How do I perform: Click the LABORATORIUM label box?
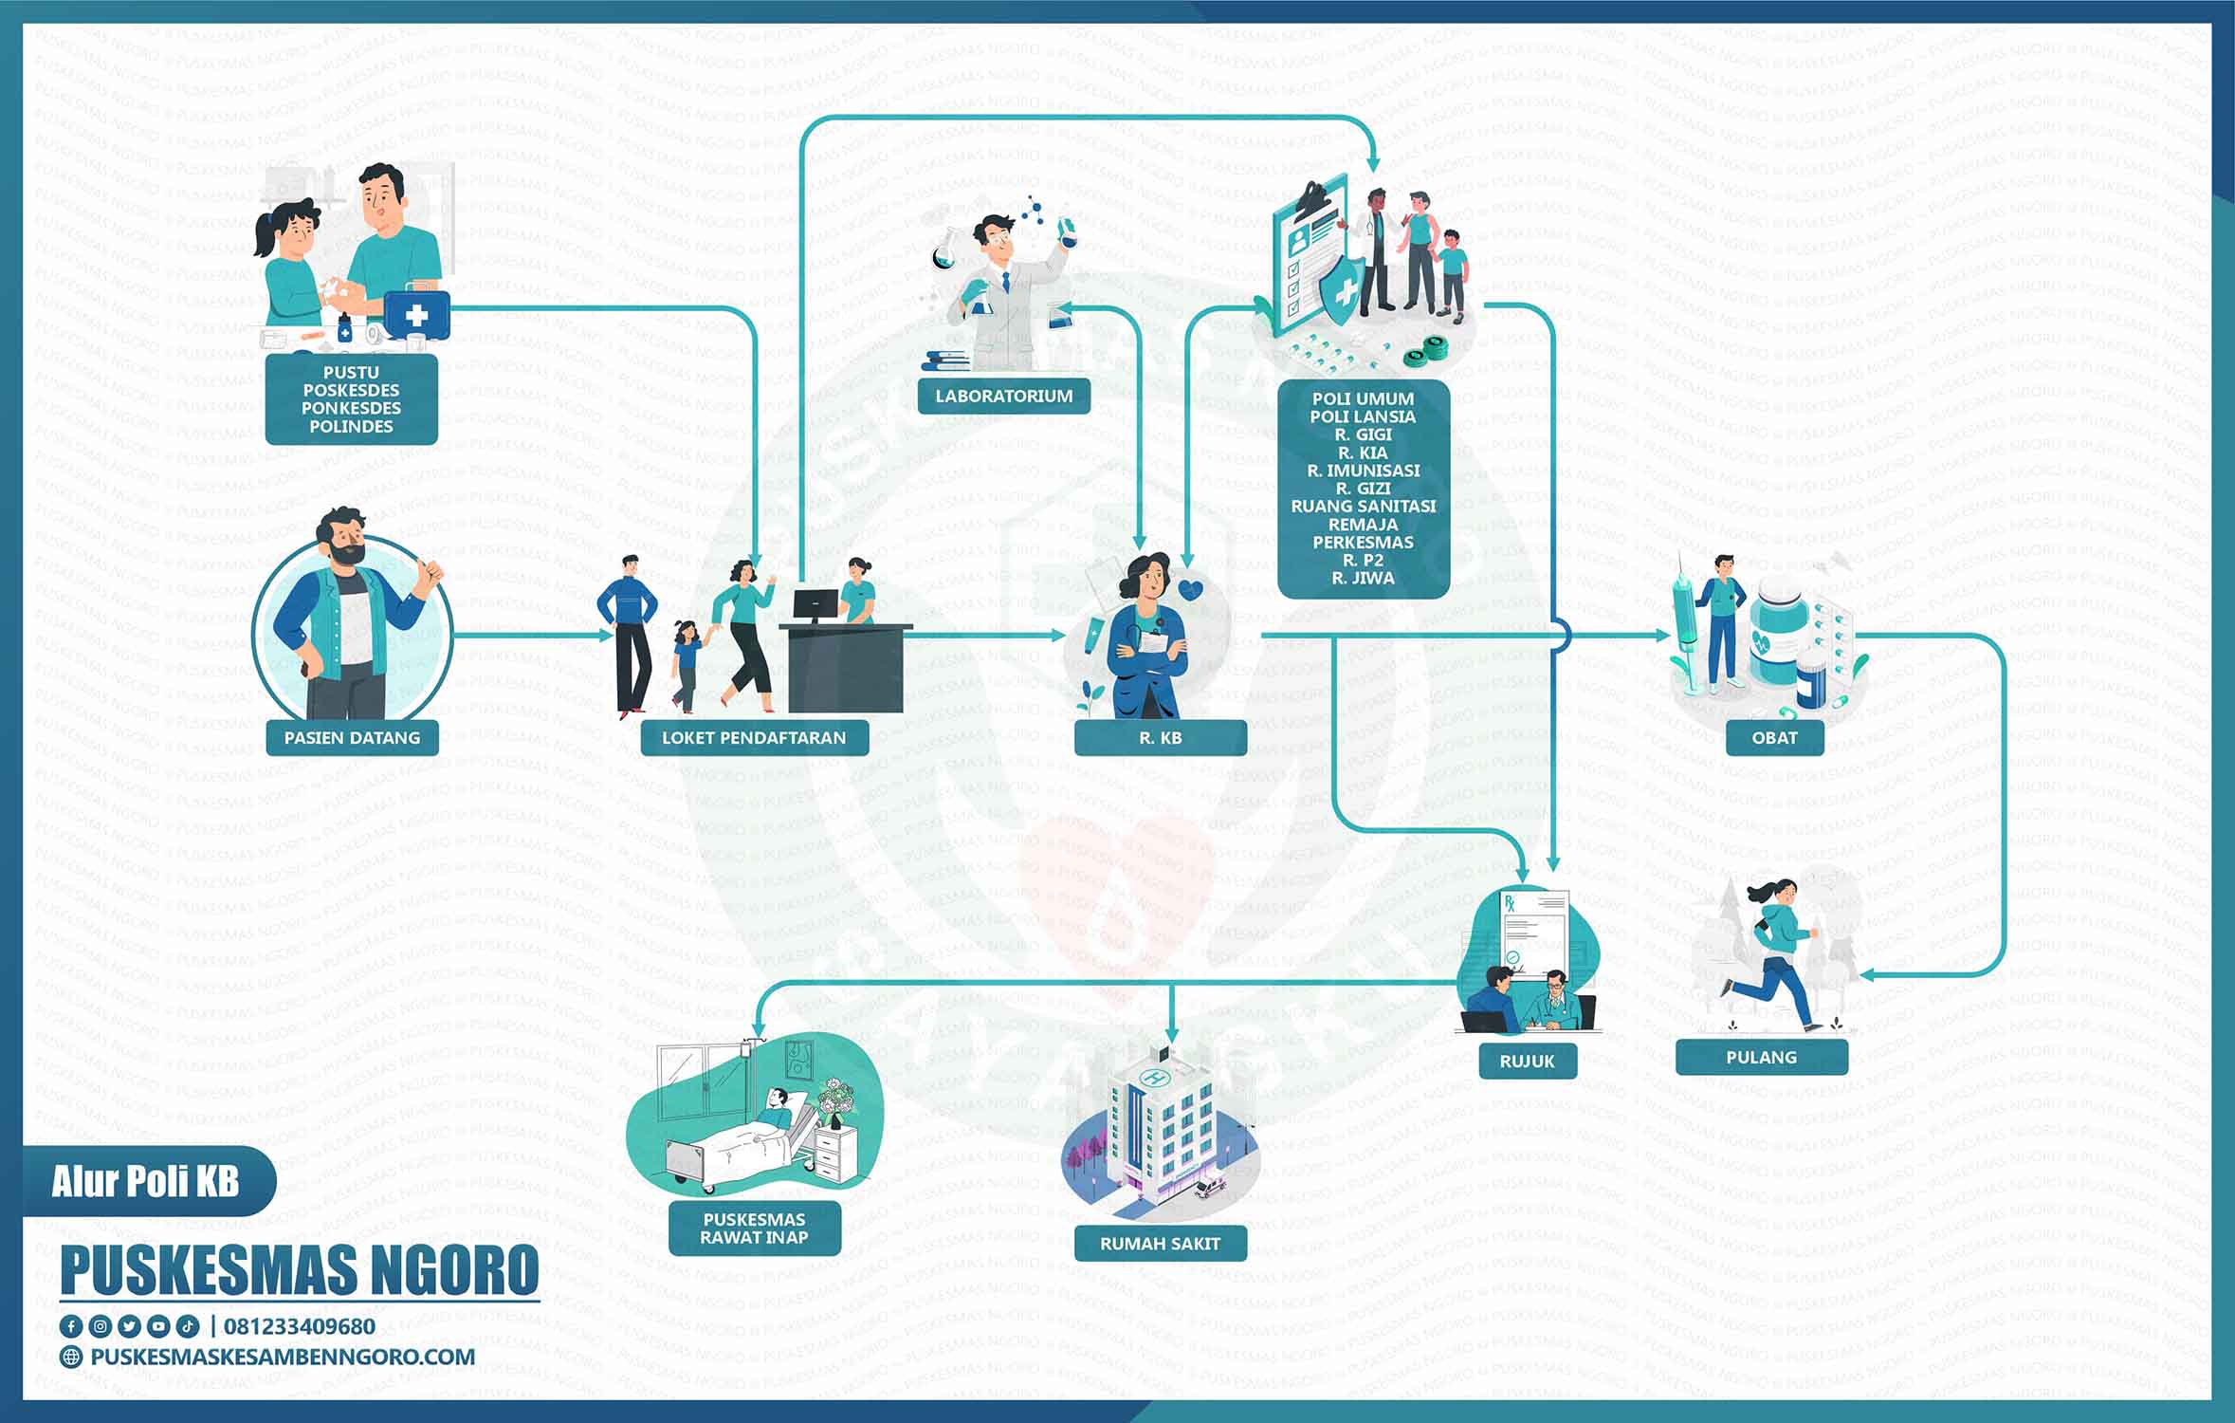[x=1003, y=396]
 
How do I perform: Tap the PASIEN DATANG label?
[x=352, y=737]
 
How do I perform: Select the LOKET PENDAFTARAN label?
[x=754, y=737]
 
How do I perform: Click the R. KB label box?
[x=1160, y=737]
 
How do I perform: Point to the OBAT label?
[x=1774, y=737]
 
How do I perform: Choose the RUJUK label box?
[x=1527, y=1061]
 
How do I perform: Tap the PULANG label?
[x=1761, y=1057]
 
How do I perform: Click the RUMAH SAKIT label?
[x=1160, y=1243]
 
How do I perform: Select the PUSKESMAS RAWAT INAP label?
[x=755, y=1229]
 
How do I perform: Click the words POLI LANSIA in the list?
[x=1363, y=416]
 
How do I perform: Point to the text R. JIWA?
[x=1363, y=578]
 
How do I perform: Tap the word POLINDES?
[x=351, y=426]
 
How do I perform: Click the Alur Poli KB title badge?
[x=147, y=1182]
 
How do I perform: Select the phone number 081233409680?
[x=300, y=1325]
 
